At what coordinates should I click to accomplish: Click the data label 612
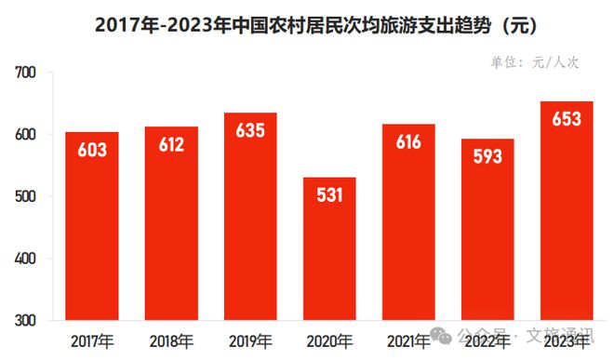click(x=171, y=144)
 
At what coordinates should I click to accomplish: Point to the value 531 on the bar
click(x=329, y=194)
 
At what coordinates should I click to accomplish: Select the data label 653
click(x=567, y=119)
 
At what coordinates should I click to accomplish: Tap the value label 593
click(x=487, y=156)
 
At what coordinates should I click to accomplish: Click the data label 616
click(x=407, y=141)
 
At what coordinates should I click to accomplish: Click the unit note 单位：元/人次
click(x=534, y=62)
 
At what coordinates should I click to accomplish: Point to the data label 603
click(x=91, y=150)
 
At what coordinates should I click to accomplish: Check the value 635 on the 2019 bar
click(x=249, y=130)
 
